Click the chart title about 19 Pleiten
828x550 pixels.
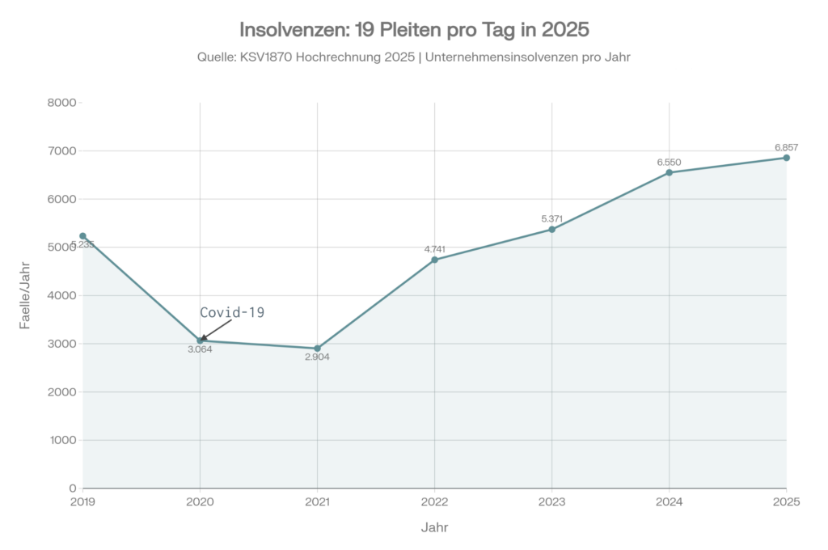(414, 30)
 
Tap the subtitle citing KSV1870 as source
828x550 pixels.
(414, 57)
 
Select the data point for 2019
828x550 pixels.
(82, 236)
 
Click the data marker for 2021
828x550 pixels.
(317, 349)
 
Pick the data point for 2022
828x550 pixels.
(434, 260)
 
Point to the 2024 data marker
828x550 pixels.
(670, 172)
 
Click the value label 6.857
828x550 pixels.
(786, 147)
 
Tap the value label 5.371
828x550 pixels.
(551, 218)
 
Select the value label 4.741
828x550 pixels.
(434, 249)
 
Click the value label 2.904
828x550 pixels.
(317, 357)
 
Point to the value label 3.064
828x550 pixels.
(200, 349)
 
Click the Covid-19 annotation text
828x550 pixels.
(232, 312)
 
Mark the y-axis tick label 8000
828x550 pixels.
(61, 103)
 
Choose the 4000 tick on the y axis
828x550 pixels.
(61, 296)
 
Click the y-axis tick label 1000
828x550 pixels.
(61, 441)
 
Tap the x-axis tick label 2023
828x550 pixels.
(551, 502)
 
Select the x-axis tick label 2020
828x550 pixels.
(200, 502)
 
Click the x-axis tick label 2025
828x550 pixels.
(786, 502)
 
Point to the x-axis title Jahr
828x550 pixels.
(434, 527)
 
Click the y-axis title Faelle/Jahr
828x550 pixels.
(25, 296)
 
